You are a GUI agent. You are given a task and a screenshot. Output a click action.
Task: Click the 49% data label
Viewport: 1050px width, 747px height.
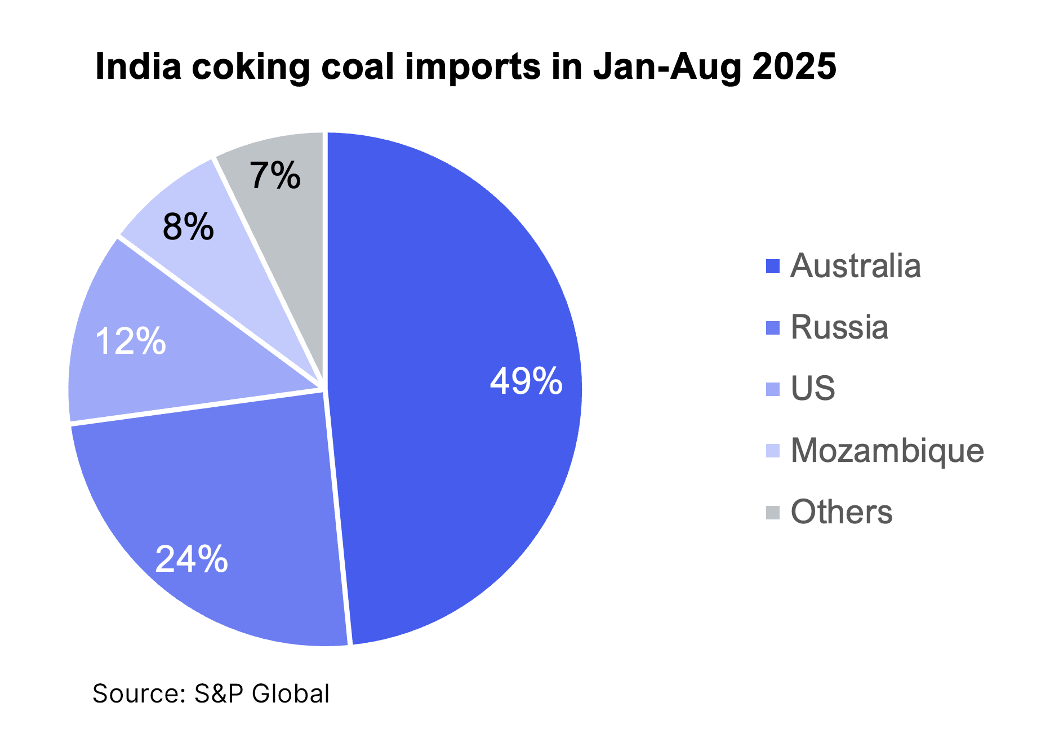point(526,381)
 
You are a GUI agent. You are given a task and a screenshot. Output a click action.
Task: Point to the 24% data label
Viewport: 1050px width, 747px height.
point(192,559)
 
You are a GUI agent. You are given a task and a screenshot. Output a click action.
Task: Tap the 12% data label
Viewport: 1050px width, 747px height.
point(131,341)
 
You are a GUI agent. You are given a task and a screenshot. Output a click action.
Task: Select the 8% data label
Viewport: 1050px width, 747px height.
point(188,227)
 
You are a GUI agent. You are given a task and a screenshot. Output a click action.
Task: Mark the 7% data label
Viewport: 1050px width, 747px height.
point(275,176)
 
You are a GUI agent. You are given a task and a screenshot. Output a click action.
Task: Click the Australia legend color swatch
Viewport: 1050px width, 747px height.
point(773,266)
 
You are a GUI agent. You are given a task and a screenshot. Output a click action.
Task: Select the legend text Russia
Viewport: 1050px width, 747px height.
point(839,327)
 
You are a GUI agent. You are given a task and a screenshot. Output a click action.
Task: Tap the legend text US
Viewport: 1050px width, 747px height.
point(812,389)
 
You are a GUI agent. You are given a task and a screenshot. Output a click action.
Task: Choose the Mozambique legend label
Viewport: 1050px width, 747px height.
point(887,451)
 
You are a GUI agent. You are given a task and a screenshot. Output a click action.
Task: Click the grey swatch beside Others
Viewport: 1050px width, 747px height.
point(773,513)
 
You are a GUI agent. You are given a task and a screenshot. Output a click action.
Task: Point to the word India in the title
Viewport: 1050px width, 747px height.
point(139,66)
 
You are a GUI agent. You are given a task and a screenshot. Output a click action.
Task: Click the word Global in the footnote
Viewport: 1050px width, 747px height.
point(291,693)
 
